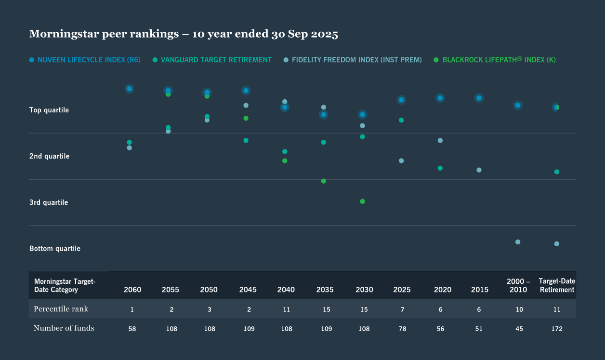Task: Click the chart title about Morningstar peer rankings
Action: click(184, 34)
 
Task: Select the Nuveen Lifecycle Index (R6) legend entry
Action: click(85, 60)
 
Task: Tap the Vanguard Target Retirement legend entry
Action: click(212, 60)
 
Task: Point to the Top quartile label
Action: click(49, 110)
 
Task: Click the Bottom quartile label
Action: click(55, 249)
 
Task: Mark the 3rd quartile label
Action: click(49, 202)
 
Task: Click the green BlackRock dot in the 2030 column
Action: click(362, 201)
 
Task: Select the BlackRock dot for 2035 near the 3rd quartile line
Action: click(324, 181)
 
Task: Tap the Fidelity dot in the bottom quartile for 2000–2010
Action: click(518, 242)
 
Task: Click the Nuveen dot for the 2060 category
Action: click(129, 89)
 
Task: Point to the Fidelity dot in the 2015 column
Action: click(479, 170)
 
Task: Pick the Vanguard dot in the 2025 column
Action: click(401, 120)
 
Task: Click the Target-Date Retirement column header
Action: click(557, 285)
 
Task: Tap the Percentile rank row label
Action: click(61, 308)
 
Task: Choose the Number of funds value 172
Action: click(556, 329)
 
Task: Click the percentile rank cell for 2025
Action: click(402, 309)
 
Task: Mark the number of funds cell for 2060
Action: click(132, 329)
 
